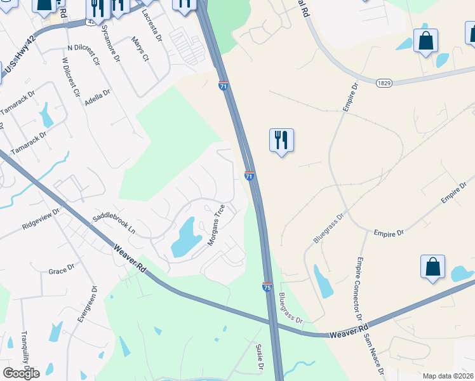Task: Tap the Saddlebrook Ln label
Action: click(114, 224)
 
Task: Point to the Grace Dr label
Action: click(62, 271)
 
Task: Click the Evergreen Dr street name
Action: click(86, 305)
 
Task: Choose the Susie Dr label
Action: click(259, 356)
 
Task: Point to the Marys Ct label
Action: click(140, 49)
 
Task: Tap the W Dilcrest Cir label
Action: click(70, 77)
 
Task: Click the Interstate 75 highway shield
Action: click(267, 287)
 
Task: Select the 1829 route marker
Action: click(382, 83)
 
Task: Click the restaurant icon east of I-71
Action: click(281, 140)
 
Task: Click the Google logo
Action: click(21, 373)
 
